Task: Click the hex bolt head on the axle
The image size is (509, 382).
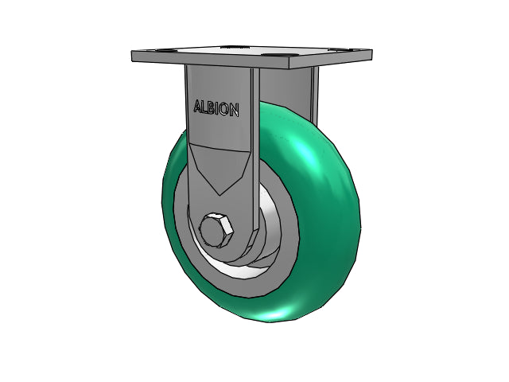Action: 216,230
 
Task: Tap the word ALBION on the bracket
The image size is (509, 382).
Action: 216,108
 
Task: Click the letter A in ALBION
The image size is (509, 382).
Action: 198,106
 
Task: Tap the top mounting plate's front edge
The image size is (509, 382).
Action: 210,60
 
